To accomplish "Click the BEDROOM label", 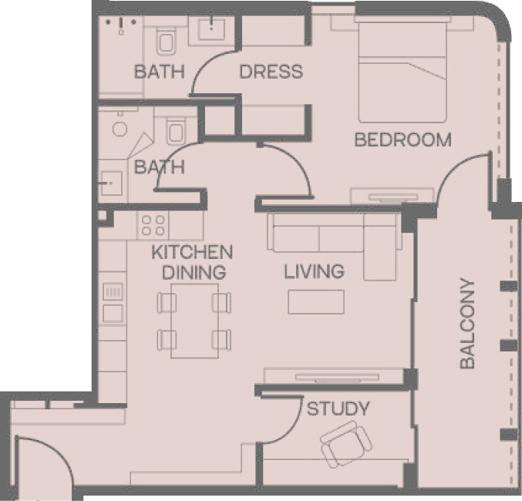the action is tap(402, 140).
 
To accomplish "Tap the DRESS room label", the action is tap(271, 72).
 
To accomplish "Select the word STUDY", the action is tap(338, 409).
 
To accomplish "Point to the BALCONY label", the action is tap(467, 324).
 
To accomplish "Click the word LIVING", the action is tap(314, 271).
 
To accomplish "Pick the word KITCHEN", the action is tap(192, 252).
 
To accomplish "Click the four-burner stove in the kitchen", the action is tap(153, 225).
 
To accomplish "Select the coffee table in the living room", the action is tap(316, 301).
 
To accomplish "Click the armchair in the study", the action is tap(346, 444).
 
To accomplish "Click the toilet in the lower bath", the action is tap(176, 132).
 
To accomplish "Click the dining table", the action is tap(195, 321).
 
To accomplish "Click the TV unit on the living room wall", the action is tap(337, 376).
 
